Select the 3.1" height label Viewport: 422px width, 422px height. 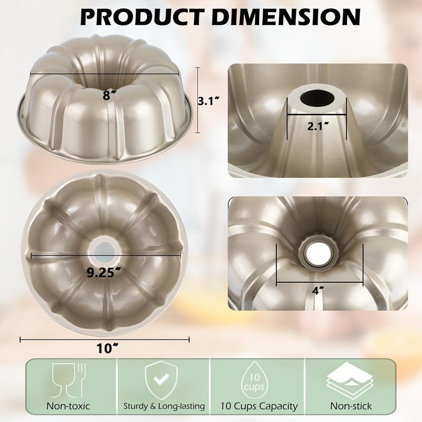click(207, 101)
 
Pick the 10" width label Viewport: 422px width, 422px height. click(105, 348)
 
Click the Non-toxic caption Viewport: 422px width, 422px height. click(68, 406)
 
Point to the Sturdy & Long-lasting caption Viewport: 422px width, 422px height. click(164, 406)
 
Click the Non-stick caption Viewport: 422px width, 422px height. click(351, 406)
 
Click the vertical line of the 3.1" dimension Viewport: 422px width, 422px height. click(198, 100)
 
